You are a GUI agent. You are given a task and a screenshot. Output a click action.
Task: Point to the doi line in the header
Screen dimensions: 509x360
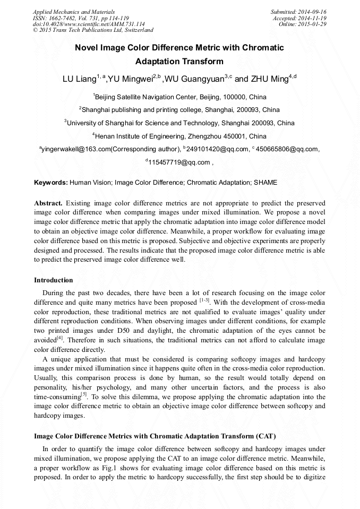coord(89,24)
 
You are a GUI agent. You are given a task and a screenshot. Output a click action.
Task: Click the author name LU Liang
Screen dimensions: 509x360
coord(79,79)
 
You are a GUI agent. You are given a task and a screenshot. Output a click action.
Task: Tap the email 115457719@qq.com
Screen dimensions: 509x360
coord(179,162)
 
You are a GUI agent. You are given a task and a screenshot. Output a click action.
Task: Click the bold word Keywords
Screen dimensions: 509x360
coord(51,183)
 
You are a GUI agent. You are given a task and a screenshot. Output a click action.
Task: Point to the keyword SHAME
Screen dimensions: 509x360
coord(265,183)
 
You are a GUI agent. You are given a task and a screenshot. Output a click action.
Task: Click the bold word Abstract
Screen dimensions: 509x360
coord(48,203)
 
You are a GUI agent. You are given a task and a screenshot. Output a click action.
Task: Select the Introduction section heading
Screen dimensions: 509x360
coord(54,280)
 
